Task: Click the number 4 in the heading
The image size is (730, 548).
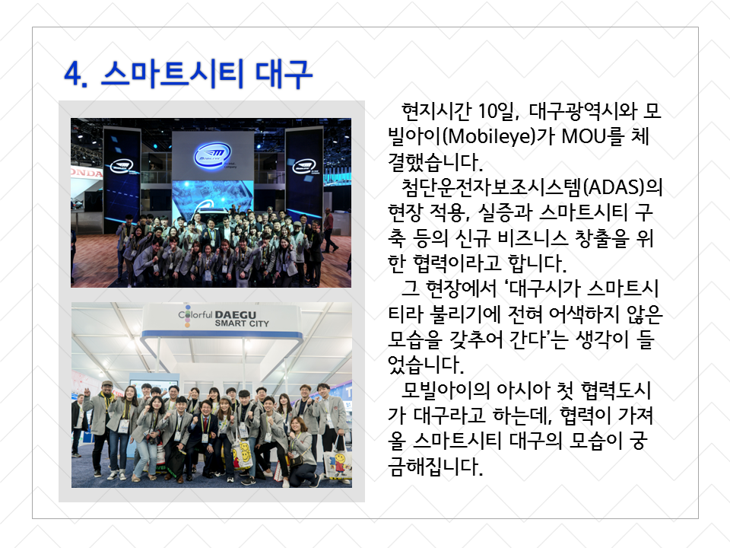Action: [x=73, y=74]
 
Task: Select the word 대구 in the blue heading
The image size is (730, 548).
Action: [x=284, y=74]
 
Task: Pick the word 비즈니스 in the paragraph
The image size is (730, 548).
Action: [x=532, y=237]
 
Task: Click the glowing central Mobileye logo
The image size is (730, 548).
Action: [x=212, y=155]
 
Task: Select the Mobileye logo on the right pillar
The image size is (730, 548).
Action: [x=304, y=166]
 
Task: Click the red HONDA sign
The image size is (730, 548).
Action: [x=87, y=173]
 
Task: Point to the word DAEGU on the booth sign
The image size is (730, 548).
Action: [x=235, y=314]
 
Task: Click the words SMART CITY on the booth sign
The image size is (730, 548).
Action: [x=242, y=323]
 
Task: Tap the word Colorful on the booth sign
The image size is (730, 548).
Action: [x=195, y=315]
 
